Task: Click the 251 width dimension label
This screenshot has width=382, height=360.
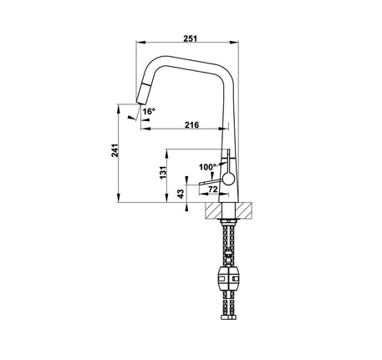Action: pos(190,38)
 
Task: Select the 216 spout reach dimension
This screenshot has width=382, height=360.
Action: pos(192,124)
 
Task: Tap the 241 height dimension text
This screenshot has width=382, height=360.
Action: pos(115,150)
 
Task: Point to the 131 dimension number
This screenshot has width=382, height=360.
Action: pos(163,173)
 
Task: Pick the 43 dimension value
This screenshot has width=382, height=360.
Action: pos(181,194)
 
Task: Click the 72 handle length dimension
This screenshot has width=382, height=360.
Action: pos(213,190)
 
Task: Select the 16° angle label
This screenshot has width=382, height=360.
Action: pos(149,111)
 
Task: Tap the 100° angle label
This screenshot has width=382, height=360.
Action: pos(207,167)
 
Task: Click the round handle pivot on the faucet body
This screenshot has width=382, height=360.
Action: pos(228,179)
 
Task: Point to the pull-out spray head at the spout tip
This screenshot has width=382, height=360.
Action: pos(143,94)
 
